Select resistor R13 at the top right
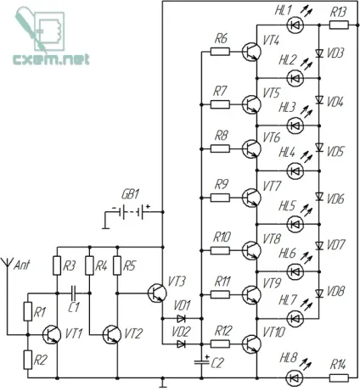[339, 25]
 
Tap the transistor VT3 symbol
[156, 293]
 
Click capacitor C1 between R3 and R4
[74, 293]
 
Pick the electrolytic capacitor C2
[201, 361]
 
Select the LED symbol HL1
[295, 25]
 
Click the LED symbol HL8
[295, 377]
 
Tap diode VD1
[181, 319]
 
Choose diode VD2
[181, 344]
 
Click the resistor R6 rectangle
[220, 52]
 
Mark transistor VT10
[251, 344]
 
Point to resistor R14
[339, 377]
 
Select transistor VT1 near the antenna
[52, 335]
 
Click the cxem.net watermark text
[51, 59]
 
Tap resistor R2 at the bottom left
[28, 360]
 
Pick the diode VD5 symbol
[319, 147]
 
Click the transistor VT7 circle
[251, 198]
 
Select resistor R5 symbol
[117, 265]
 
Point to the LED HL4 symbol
[295, 170]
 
